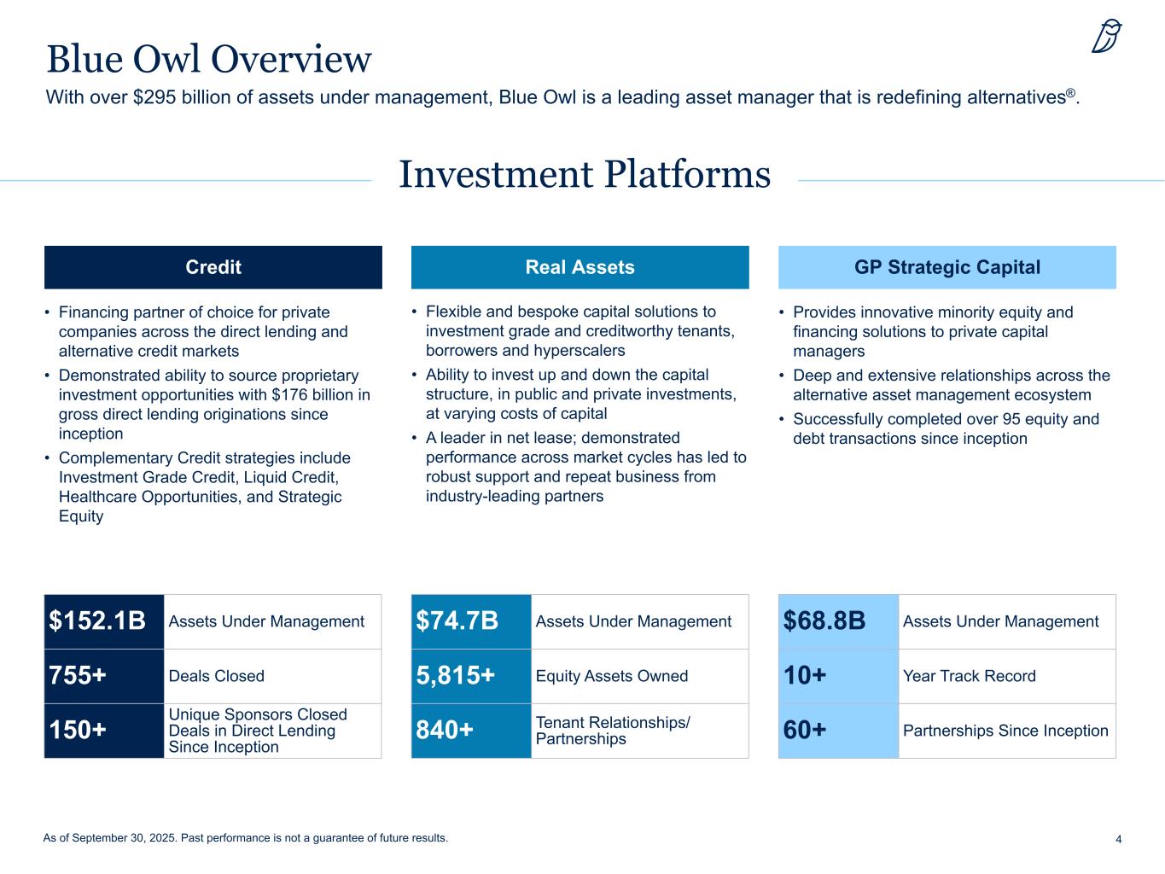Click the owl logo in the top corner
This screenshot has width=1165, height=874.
click(1107, 37)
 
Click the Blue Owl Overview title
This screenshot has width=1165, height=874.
click(209, 59)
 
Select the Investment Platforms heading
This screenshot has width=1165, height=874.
click(585, 174)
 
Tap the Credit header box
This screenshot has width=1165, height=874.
click(213, 267)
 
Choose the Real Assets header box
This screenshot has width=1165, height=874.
click(580, 267)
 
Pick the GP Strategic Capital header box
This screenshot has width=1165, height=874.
click(947, 267)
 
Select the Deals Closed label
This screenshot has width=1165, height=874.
click(217, 676)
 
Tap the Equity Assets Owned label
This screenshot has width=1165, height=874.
click(612, 676)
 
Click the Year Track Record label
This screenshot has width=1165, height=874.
click(970, 676)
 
